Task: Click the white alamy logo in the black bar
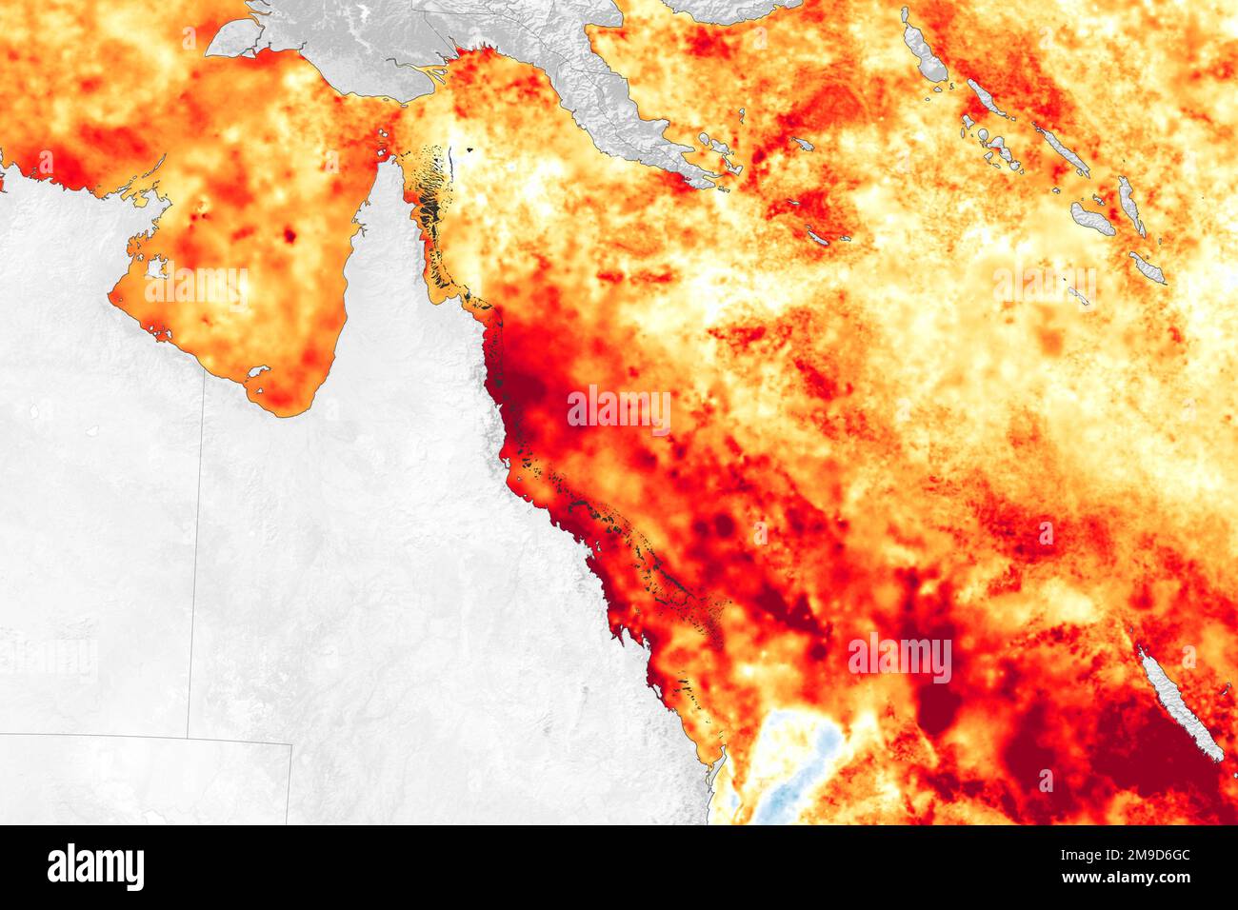pos(96,867)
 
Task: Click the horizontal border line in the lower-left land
pos(143,736)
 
